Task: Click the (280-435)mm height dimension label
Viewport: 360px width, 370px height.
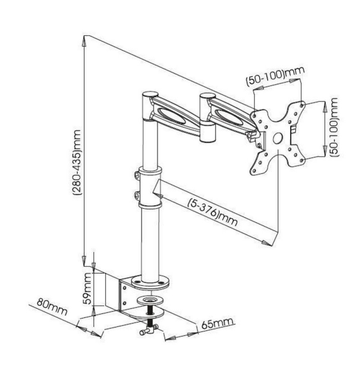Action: (77, 163)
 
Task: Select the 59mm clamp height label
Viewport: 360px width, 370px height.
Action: (87, 289)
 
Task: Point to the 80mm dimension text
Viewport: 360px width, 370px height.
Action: (52, 307)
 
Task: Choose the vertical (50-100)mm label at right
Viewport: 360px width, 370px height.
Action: (333, 127)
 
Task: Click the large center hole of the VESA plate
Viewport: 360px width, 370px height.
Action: (278, 138)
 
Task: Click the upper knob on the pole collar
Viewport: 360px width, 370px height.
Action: (137, 175)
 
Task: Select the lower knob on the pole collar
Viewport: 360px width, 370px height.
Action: (137, 196)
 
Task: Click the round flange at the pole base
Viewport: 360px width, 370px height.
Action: (150, 282)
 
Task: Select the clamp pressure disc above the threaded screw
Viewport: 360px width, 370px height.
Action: (150, 301)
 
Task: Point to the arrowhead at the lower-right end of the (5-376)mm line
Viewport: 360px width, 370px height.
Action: (266, 243)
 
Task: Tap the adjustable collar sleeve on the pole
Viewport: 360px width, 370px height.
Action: (150, 187)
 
